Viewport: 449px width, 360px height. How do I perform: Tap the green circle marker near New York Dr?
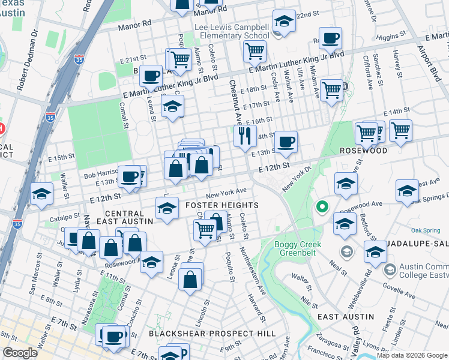pyautogui.click(x=322, y=208)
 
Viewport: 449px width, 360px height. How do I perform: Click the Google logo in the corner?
pyautogui.click(x=20, y=353)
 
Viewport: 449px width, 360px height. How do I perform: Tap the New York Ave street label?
pyautogui.click(x=226, y=193)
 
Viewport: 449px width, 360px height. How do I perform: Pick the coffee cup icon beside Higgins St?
pyautogui.click(x=330, y=39)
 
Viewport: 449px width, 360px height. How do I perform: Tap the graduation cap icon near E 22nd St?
pyautogui.click(x=284, y=22)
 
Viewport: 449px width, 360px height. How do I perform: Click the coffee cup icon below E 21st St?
pyautogui.click(x=151, y=76)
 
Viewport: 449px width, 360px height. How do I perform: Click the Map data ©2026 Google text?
pyautogui.click(x=412, y=355)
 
